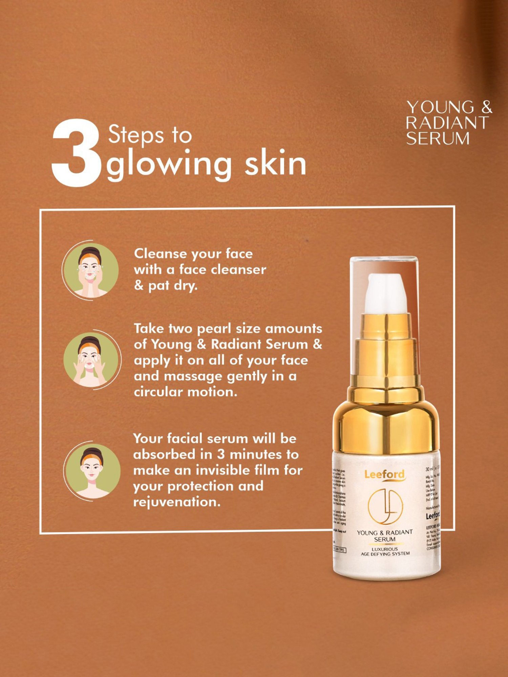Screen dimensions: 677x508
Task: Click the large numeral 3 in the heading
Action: pos(77,153)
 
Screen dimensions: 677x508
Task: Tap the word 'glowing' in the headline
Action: pos(169,164)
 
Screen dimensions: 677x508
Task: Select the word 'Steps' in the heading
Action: pos(135,135)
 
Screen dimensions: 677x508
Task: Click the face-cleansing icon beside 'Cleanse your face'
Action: pos(90,270)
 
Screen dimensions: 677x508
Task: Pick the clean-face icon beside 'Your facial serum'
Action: pos(92,471)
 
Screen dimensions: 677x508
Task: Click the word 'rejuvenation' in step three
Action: pos(177,502)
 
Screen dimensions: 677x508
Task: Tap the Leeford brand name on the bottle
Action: pos(384,474)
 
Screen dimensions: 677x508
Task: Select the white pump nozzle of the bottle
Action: pos(386,293)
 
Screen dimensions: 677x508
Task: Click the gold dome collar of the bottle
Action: pos(386,423)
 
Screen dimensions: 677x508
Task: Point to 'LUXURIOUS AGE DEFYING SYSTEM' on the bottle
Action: pos(385,551)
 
